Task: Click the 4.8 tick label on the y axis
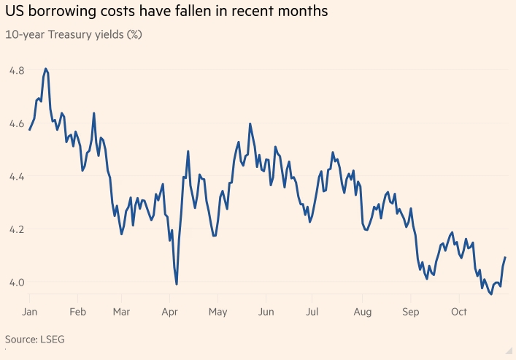tap(17, 71)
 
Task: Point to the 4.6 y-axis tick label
tap(17, 124)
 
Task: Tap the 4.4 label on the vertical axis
tap(17, 177)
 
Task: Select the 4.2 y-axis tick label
tap(17, 229)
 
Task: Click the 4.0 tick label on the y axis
tap(17, 283)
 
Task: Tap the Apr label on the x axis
tap(170, 312)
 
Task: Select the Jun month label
tap(266, 312)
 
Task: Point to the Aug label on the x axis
tap(363, 312)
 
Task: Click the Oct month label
tap(459, 312)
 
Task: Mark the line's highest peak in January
tap(46, 69)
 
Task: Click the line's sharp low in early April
tap(177, 284)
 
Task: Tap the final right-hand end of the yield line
tap(505, 258)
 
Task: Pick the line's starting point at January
tap(29, 129)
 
